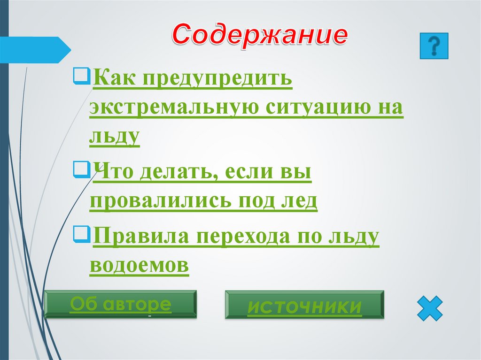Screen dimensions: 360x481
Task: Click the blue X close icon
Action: point(429,308)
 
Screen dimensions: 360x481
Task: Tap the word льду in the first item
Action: point(114,136)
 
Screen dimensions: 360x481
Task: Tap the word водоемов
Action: point(139,265)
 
